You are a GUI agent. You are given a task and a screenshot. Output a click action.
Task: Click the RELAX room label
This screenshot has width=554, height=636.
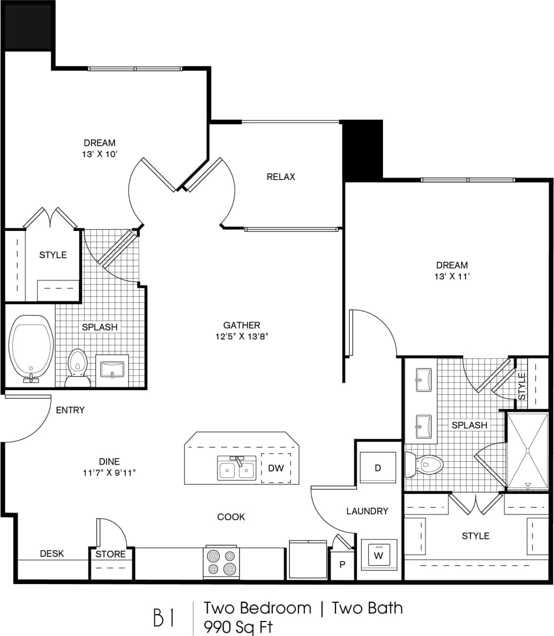pyautogui.click(x=281, y=177)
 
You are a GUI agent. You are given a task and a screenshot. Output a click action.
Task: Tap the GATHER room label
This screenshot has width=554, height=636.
pyautogui.click(x=242, y=325)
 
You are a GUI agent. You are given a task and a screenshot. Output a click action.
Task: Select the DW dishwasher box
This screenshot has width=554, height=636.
pyautogui.click(x=276, y=468)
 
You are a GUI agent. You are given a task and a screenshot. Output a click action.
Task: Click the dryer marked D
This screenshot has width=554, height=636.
pyautogui.click(x=378, y=468)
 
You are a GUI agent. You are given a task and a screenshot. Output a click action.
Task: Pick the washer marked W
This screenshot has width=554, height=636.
pyautogui.click(x=379, y=556)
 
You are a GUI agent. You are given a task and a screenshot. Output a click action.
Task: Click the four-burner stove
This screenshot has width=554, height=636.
pyautogui.click(x=221, y=562)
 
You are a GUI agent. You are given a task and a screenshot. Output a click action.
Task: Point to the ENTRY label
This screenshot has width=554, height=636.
pyautogui.click(x=70, y=410)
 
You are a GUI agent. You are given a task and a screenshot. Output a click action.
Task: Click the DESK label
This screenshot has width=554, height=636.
pyautogui.click(x=52, y=553)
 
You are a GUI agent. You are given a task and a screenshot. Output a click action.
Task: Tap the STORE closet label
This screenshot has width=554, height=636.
pyautogui.click(x=111, y=554)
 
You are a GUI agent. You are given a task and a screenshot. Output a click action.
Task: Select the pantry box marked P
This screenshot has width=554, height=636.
pyautogui.click(x=342, y=564)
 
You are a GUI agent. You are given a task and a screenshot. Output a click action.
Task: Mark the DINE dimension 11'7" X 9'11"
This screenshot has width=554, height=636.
pyautogui.click(x=109, y=473)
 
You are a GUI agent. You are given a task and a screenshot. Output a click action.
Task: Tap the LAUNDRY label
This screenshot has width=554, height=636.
pyautogui.click(x=367, y=511)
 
